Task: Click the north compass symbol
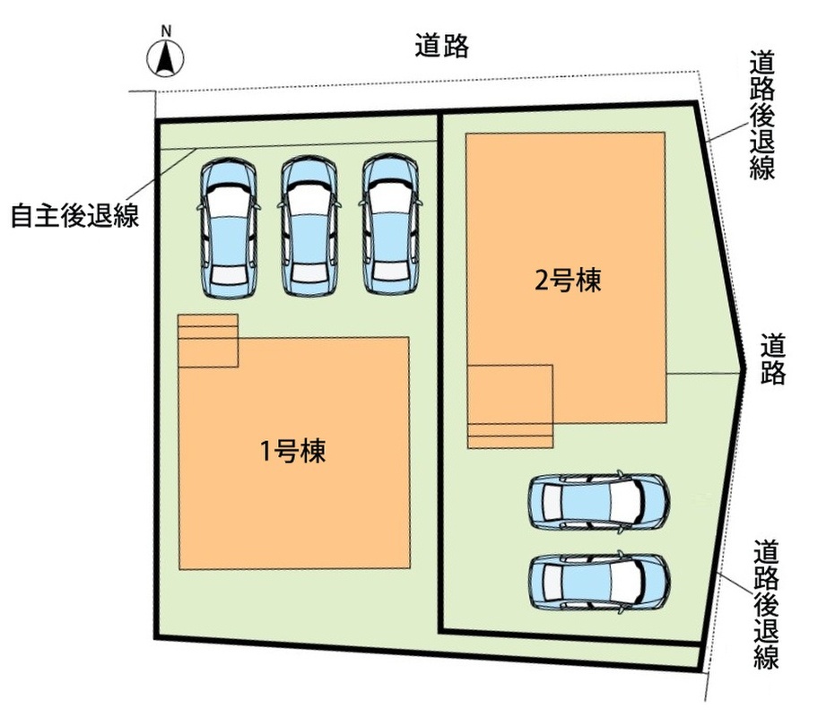coord(165,59)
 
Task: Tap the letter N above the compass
coord(166,30)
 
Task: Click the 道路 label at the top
coord(442,46)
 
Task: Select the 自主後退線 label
coord(75,215)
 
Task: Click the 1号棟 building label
coord(293,451)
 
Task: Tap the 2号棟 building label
coord(568,280)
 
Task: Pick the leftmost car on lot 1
coord(229,228)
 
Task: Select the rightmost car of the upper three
coord(391,224)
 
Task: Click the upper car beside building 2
coord(599,501)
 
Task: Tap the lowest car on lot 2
coord(599,581)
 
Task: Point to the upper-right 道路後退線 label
coord(762,116)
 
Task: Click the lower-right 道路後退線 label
coord(766,604)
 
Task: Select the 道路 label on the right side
coord(772,358)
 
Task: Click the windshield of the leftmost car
coord(230,200)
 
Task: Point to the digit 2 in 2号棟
coord(542,281)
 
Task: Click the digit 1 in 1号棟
coord(265,452)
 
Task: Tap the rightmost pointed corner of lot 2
coord(744,368)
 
